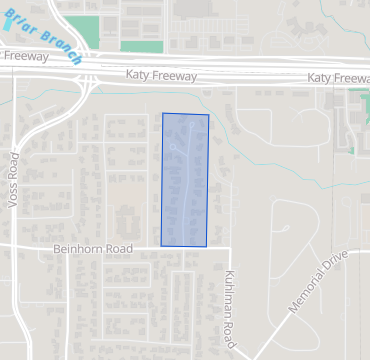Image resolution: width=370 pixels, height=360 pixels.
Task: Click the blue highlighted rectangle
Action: (185, 180)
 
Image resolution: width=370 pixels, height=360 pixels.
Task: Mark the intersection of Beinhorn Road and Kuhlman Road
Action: (229, 246)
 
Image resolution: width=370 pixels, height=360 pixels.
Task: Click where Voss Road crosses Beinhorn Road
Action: (14, 243)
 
